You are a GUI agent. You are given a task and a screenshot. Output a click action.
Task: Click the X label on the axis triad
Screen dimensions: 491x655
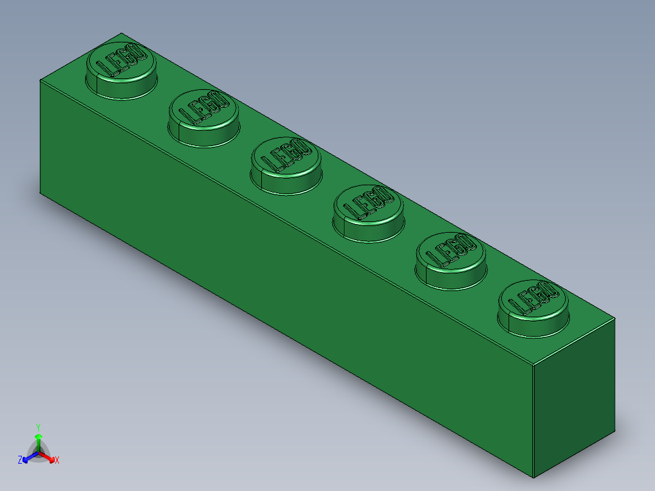57,461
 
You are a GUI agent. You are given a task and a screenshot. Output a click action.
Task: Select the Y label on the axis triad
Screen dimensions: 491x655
38,427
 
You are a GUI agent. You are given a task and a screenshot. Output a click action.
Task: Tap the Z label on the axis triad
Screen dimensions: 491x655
20,461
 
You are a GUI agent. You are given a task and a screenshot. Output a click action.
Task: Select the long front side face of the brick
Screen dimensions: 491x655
286,273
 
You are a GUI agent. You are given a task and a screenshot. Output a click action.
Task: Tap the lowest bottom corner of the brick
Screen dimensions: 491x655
533,478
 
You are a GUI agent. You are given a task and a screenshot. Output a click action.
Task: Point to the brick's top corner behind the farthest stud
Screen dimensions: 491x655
122,33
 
